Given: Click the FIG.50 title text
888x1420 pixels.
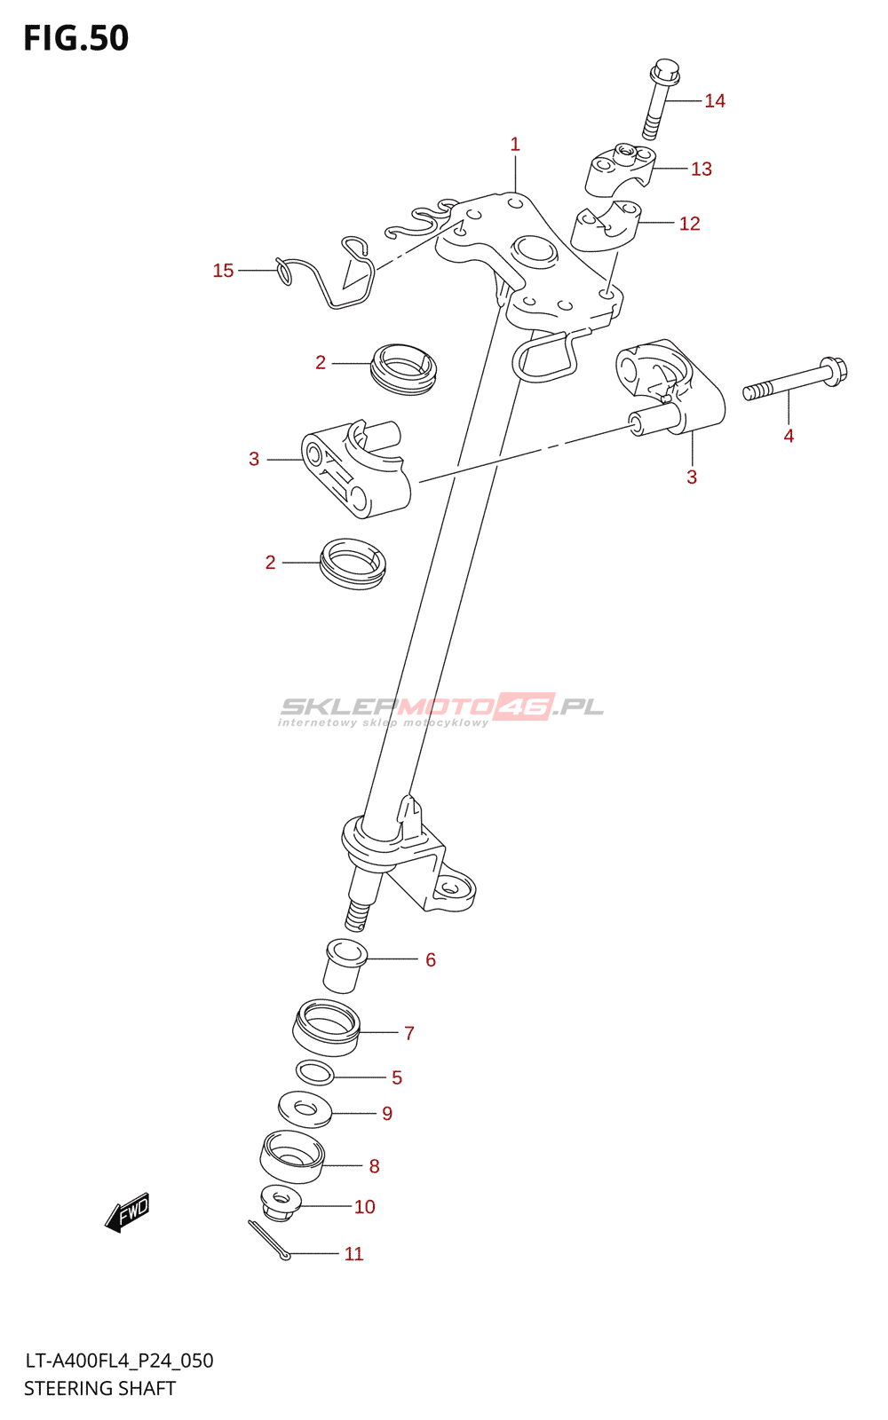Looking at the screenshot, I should [x=76, y=38].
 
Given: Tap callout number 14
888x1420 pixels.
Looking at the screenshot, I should [x=715, y=101].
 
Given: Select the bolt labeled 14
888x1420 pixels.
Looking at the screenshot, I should [x=659, y=98].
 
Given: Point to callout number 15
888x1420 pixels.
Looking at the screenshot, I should [x=223, y=271].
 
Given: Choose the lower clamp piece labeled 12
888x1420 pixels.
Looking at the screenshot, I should [x=605, y=227].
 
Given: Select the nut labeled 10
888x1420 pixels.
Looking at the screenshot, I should [x=281, y=1203].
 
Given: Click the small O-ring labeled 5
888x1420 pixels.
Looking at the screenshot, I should [x=314, y=1073].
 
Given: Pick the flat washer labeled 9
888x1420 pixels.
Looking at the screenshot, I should [x=305, y=1109].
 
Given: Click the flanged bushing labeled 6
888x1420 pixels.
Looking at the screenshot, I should [x=344, y=966].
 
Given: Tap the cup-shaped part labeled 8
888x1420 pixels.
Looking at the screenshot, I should [x=291, y=1157].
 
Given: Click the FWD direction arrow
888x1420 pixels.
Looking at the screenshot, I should [x=128, y=1211].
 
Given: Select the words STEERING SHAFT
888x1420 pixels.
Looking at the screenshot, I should [x=99, y=1389].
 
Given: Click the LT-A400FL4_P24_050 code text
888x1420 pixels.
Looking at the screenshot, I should [x=119, y=1361].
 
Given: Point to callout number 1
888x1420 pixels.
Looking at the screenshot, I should [x=515, y=145].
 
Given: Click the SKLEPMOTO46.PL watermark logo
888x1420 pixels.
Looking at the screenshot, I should [x=441, y=709].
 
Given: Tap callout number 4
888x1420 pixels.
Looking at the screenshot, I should [x=789, y=437].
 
